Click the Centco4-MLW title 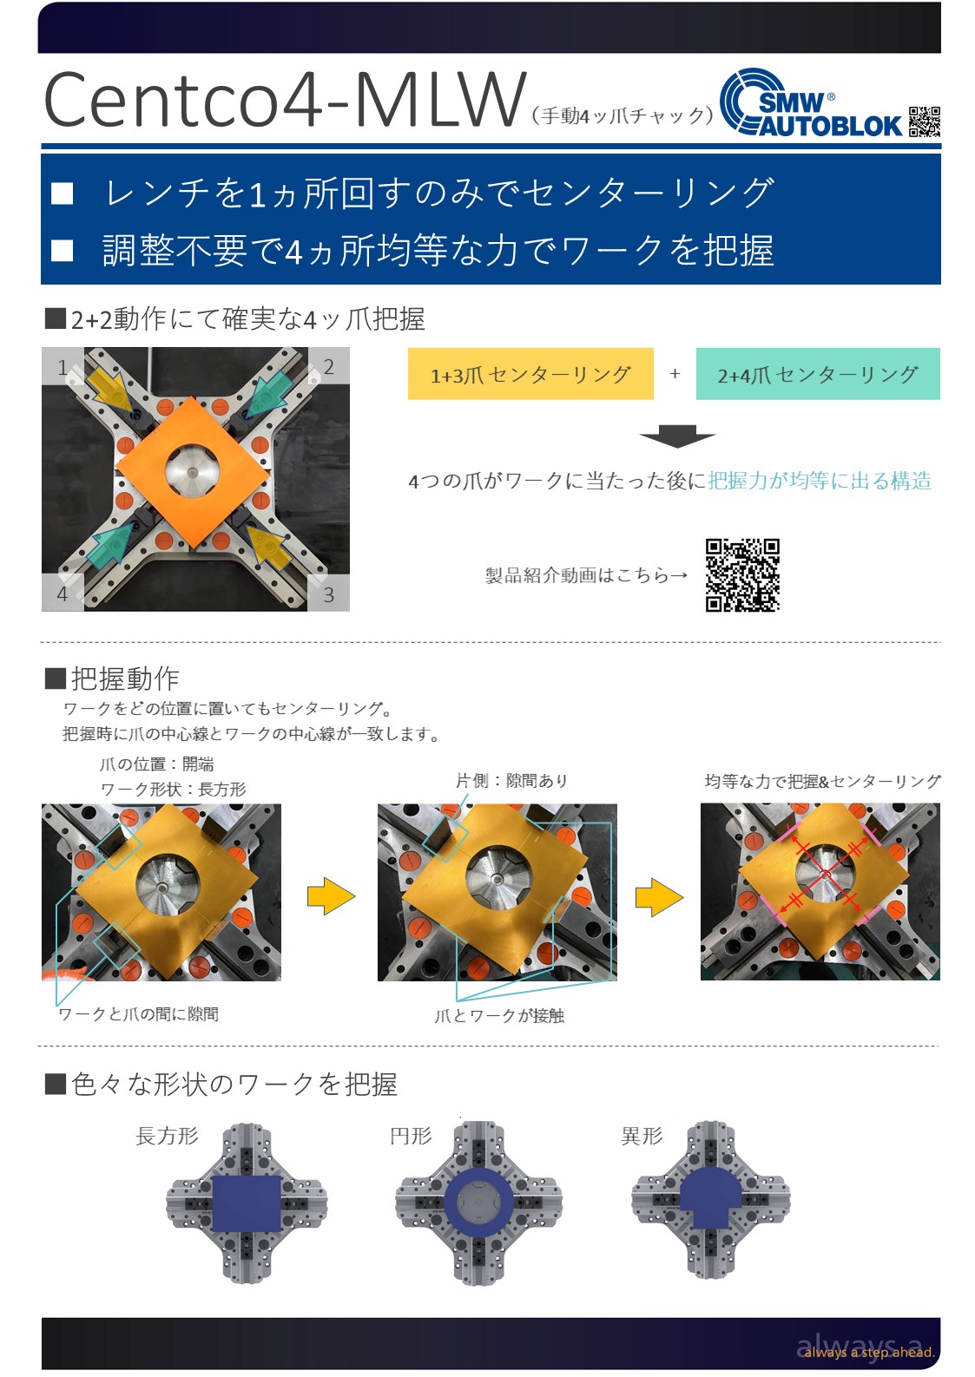click(x=284, y=100)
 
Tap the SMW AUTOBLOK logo click(x=811, y=103)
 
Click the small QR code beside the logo click(x=924, y=121)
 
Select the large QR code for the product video click(x=741, y=574)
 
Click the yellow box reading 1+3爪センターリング click(x=530, y=374)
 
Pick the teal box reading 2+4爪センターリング click(x=818, y=374)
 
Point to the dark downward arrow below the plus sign click(x=676, y=436)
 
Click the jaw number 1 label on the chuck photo click(x=63, y=368)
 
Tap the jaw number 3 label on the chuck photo click(x=328, y=594)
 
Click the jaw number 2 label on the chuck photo click(x=328, y=367)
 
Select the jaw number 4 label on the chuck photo click(x=63, y=593)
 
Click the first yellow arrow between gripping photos click(x=331, y=896)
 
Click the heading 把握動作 click(x=125, y=679)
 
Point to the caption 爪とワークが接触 click(x=499, y=1015)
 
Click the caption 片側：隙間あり click(x=511, y=781)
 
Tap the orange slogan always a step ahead click(x=869, y=1352)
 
